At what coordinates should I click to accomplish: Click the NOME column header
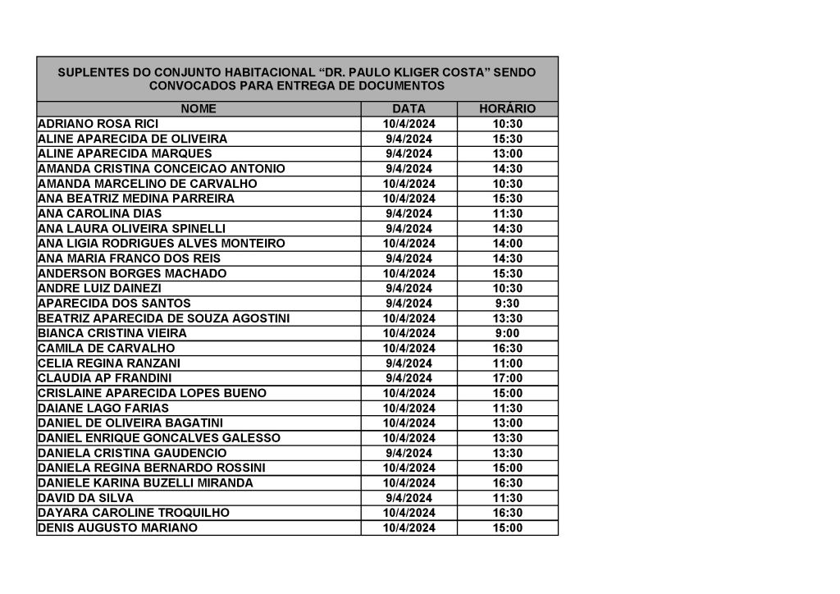click(199, 108)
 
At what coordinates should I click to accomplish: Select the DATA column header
click(409, 108)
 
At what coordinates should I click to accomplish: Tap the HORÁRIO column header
click(507, 108)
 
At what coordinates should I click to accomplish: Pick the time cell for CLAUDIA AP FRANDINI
click(507, 378)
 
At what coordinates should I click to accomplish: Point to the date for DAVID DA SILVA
click(409, 498)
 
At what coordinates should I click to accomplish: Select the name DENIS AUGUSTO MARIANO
click(117, 528)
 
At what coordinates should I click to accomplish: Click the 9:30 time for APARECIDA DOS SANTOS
click(507, 304)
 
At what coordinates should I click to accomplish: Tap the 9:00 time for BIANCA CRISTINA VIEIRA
click(507, 333)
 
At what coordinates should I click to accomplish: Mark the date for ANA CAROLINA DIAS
click(409, 213)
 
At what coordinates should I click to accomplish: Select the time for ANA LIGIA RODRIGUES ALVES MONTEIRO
click(507, 244)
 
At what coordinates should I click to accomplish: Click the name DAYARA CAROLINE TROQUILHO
click(134, 513)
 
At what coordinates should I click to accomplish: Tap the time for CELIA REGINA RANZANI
click(507, 363)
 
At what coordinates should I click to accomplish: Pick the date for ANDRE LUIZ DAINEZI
click(409, 288)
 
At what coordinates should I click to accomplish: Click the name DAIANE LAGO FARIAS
click(103, 408)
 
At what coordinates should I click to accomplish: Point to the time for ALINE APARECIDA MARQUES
click(507, 153)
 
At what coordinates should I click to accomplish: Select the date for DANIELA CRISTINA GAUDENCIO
click(409, 453)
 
